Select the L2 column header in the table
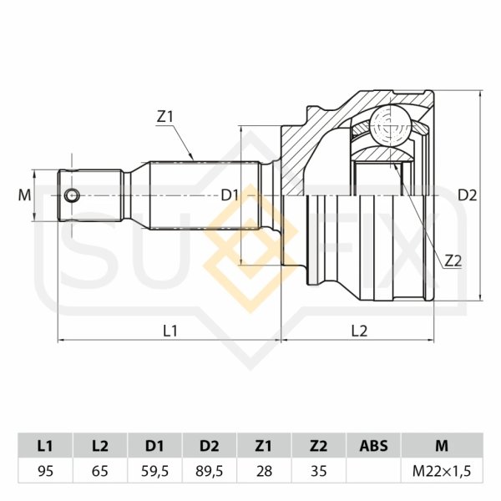pyautogui.click(x=99, y=445)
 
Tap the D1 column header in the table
pyautogui.click(x=154, y=445)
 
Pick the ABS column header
pyautogui.click(x=373, y=445)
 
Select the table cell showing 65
pyautogui.click(x=99, y=471)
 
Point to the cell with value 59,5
pyautogui.click(x=154, y=471)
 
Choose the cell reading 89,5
pyautogui.click(x=209, y=471)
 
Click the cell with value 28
pyautogui.click(x=264, y=471)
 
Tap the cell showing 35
pyautogui.click(x=318, y=471)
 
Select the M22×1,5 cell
pyautogui.click(x=442, y=471)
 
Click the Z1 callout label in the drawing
pyautogui.click(x=164, y=118)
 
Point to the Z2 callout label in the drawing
pyautogui.click(x=453, y=261)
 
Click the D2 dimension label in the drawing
pyautogui.click(x=467, y=195)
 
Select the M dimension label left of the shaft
pyautogui.click(x=23, y=195)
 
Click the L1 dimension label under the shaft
pyautogui.click(x=170, y=330)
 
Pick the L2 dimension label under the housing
pyautogui.click(x=359, y=330)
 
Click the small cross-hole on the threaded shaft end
pyautogui.click(x=73, y=195)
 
